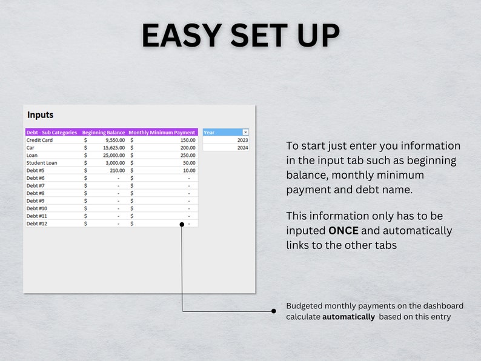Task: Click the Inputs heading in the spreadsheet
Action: pyautogui.click(x=40, y=115)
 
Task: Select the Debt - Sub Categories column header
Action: pyautogui.click(x=51, y=132)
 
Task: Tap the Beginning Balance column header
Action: pyautogui.click(x=104, y=132)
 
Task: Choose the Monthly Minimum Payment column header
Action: pyautogui.click(x=162, y=132)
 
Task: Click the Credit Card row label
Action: pyautogui.click(x=39, y=140)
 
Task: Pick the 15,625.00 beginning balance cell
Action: pyautogui.click(x=114, y=148)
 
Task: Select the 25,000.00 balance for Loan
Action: pyautogui.click(x=114, y=155)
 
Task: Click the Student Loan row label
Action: pyautogui.click(x=42, y=163)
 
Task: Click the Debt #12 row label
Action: pyautogui.click(x=37, y=224)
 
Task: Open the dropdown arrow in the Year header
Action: pyautogui.click(x=245, y=132)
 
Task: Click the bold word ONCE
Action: pyautogui.click(x=343, y=231)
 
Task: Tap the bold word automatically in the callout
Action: pyautogui.click(x=348, y=317)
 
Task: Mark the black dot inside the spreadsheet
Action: pyautogui.click(x=182, y=224)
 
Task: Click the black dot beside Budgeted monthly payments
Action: pyautogui.click(x=273, y=311)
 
